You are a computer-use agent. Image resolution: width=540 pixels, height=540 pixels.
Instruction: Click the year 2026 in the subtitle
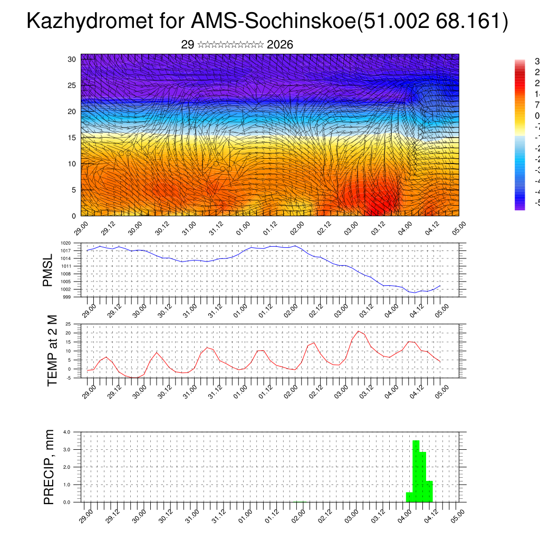(x=280, y=45)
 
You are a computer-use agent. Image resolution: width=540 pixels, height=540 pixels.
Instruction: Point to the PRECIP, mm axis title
(x=49, y=466)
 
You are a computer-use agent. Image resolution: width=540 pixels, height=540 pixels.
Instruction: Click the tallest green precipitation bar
(x=416, y=471)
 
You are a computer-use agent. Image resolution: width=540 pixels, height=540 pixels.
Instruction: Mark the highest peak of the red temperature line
(x=359, y=331)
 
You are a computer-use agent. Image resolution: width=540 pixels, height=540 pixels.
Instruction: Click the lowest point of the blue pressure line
(x=416, y=292)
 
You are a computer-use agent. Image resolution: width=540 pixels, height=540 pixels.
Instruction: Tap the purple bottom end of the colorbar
(x=519, y=207)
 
